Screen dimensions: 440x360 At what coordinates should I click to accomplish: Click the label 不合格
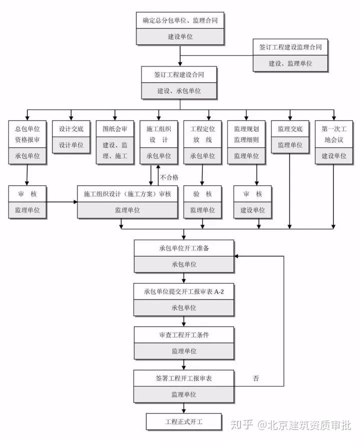[x=169, y=177]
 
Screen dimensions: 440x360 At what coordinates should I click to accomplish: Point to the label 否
[x=255, y=378]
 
